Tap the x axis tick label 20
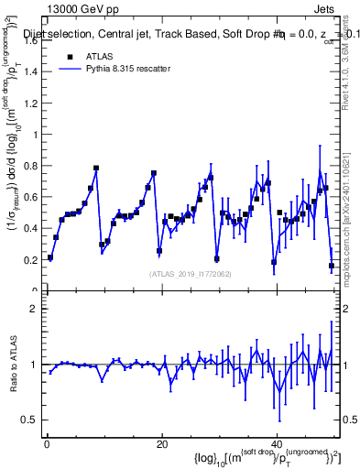(x=161, y=444)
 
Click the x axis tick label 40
(x=278, y=444)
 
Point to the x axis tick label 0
(x=46, y=444)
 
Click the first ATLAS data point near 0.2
(x=50, y=257)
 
